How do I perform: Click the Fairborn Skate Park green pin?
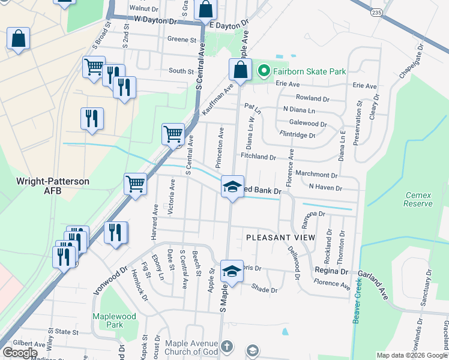263,71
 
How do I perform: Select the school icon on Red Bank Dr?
232,186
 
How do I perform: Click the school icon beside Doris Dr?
232,271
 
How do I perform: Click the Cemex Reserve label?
418,199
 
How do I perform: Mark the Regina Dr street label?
331,271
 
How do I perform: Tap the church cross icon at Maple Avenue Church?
226,346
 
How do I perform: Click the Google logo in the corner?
20,353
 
